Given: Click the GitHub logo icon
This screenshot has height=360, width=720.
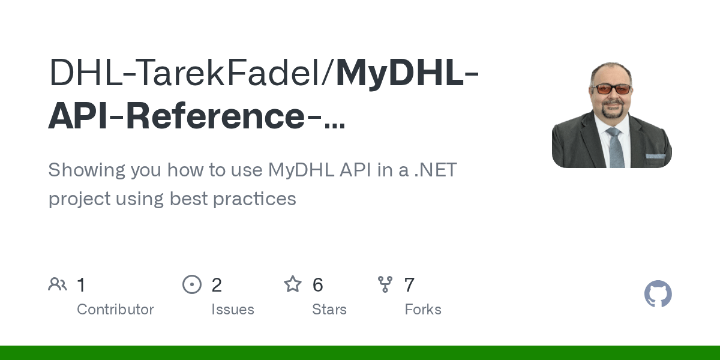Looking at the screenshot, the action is pos(658,294).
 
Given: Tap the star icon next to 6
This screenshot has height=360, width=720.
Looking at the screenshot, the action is pos(293,284).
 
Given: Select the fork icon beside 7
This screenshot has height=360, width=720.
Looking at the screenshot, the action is pos(385,284).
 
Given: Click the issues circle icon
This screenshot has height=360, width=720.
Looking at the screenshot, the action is pos(192,284).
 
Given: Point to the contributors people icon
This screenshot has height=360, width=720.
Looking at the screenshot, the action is pos(58,284).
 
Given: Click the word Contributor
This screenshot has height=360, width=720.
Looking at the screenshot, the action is pos(115,310).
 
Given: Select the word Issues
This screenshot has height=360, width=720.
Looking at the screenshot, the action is pos(233,310).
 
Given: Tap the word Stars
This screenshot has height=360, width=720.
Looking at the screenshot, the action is pos(329,310).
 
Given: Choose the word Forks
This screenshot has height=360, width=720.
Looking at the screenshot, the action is pos(423,310).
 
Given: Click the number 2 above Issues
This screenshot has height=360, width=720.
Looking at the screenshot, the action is pos(217,285).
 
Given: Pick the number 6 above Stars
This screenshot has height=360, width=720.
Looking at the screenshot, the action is pos(318,285).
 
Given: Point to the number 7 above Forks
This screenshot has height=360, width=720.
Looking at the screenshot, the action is pos(409,285).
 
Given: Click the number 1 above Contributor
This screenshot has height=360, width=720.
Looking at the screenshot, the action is pos(81,285).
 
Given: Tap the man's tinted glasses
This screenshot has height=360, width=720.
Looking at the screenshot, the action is pos(611,89).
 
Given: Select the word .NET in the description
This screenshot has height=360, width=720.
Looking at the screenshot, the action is pos(436,170).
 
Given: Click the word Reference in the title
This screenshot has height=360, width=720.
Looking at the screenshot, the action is pos(215,116).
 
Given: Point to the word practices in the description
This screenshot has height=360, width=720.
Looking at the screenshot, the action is pos(254,199).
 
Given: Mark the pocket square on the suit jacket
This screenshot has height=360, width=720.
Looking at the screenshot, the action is pos(655,157).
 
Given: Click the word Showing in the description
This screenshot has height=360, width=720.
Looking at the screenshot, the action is pos(86,170).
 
